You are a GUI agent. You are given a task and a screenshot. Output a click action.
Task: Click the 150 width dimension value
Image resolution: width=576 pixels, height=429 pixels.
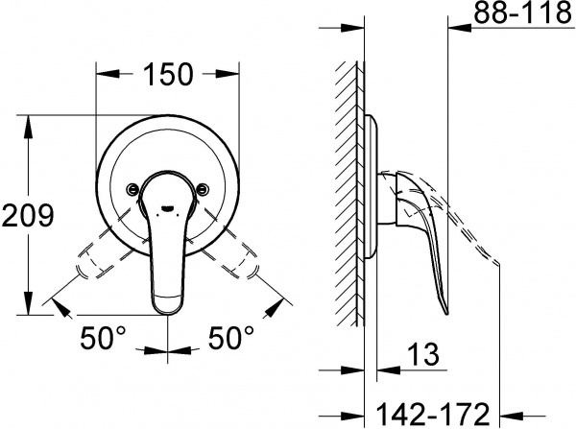(x=170, y=74)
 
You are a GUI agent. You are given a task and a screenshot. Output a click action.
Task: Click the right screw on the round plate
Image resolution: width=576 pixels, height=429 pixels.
(x=204, y=189)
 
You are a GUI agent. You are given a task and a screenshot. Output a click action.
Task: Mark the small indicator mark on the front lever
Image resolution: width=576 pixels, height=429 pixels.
(x=169, y=204)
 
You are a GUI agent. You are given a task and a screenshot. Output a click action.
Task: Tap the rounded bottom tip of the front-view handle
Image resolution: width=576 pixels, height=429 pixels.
(x=169, y=305)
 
